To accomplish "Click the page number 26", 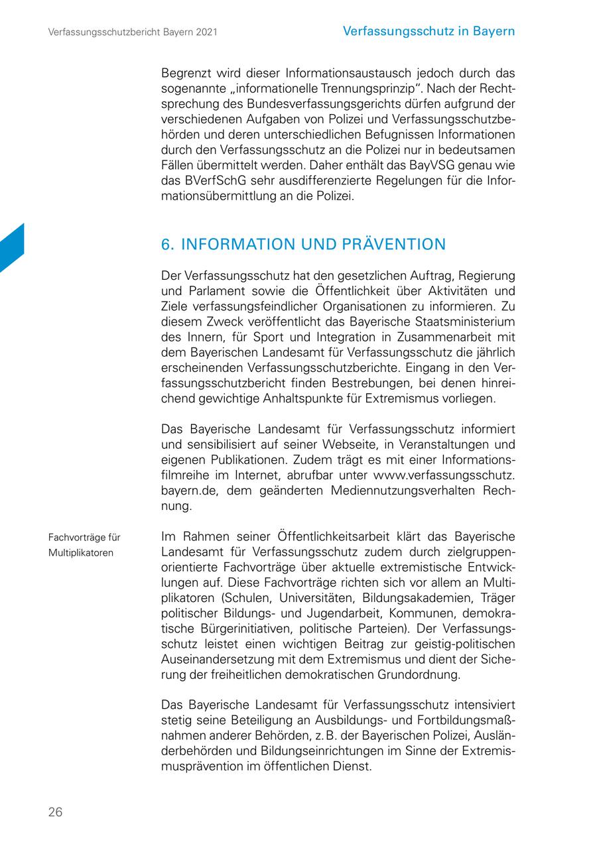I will pos(55,812).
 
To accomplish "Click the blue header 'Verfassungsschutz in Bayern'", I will pos(429,31).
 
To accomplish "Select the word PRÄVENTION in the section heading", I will pos(395,245).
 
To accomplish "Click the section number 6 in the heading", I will pos(166,245).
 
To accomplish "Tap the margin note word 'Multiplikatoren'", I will pos(80,552).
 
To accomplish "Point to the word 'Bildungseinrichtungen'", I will pos(307,751).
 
